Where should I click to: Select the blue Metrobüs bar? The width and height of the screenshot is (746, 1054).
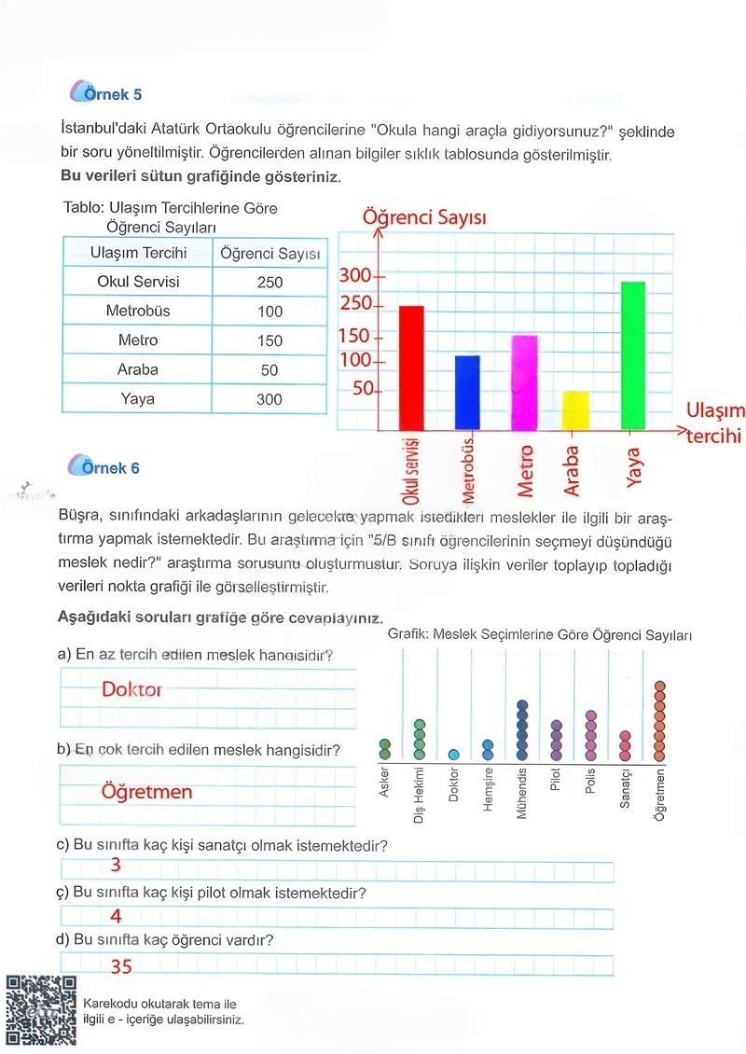(467, 393)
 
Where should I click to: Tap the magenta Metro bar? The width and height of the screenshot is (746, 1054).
(524, 382)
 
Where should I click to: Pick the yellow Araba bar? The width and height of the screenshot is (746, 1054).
(576, 410)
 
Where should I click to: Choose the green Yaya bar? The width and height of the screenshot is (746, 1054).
(634, 355)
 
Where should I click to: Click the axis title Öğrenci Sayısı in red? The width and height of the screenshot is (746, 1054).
(411, 218)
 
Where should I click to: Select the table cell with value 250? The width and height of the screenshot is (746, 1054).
(269, 282)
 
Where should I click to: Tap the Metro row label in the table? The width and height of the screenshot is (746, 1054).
(138, 340)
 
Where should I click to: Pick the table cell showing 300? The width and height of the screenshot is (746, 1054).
(269, 399)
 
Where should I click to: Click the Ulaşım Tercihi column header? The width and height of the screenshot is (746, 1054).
(138, 253)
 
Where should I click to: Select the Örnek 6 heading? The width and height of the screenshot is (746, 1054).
(110, 468)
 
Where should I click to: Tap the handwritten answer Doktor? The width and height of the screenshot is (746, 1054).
(131, 690)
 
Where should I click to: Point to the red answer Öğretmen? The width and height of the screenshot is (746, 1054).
(146, 792)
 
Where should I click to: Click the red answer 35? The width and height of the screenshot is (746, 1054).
(121, 967)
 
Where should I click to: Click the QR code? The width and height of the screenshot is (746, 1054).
(41, 1011)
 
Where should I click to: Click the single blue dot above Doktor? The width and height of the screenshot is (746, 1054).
(453, 755)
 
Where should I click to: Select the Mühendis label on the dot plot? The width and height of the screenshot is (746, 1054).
(522, 794)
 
